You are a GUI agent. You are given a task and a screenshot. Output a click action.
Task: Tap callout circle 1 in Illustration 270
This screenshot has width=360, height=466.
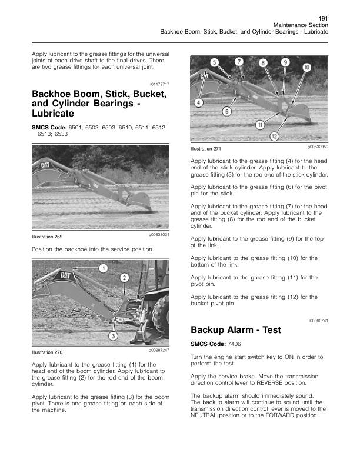coord(103,268)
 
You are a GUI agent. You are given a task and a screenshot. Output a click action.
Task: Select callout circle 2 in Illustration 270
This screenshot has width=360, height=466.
coord(125,278)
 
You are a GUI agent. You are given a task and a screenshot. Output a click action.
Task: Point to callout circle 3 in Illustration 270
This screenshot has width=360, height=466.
coord(113,335)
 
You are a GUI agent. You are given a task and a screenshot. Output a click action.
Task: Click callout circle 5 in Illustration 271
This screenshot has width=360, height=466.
coord(215,62)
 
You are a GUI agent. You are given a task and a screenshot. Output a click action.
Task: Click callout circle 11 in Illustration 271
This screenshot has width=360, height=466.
coord(259,124)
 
